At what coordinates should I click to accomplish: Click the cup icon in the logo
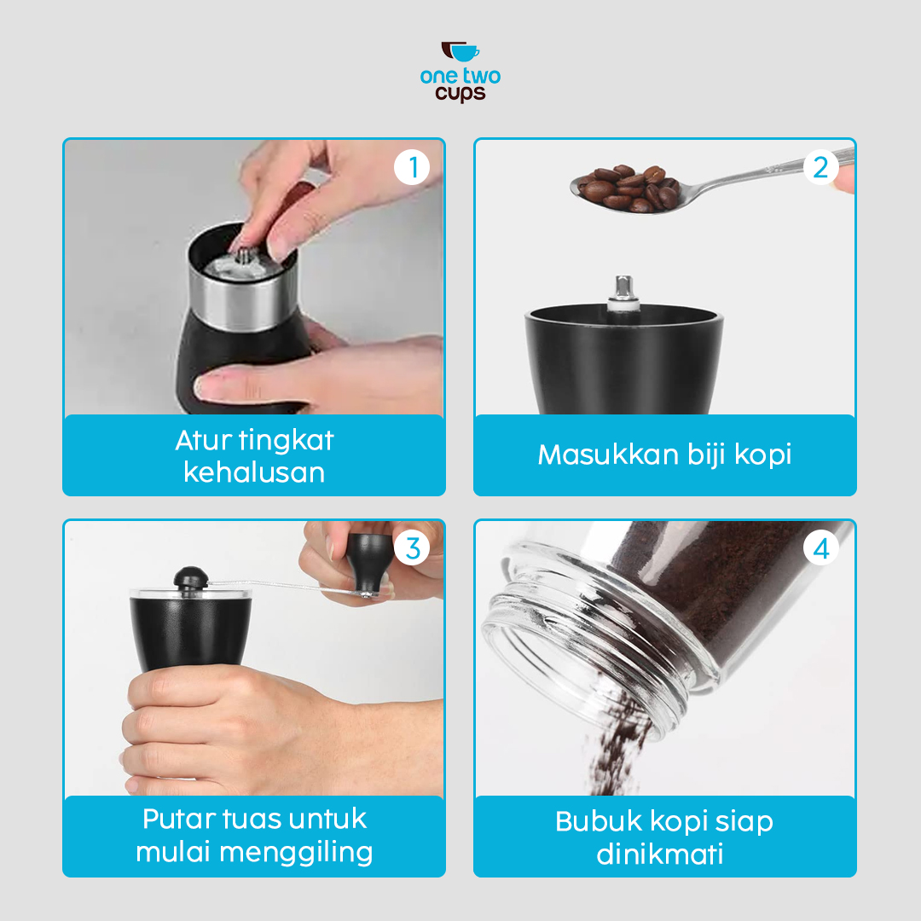pyautogui.click(x=460, y=53)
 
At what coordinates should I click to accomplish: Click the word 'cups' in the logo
pyautogui.click(x=460, y=93)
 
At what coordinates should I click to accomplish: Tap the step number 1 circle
pyautogui.click(x=413, y=168)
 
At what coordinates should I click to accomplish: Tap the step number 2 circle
pyautogui.click(x=820, y=168)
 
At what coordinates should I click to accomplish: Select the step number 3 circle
pyautogui.click(x=413, y=548)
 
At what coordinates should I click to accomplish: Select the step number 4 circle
pyautogui.click(x=820, y=548)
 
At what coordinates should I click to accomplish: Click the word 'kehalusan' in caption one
pyautogui.click(x=254, y=472)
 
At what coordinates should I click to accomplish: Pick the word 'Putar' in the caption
pyautogui.click(x=178, y=820)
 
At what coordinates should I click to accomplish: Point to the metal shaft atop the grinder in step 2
pyautogui.click(x=623, y=290)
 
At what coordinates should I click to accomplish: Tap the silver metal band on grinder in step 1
pyautogui.click(x=247, y=298)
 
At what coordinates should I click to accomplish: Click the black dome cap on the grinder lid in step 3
pyautogui.click(x=190, y=578)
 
